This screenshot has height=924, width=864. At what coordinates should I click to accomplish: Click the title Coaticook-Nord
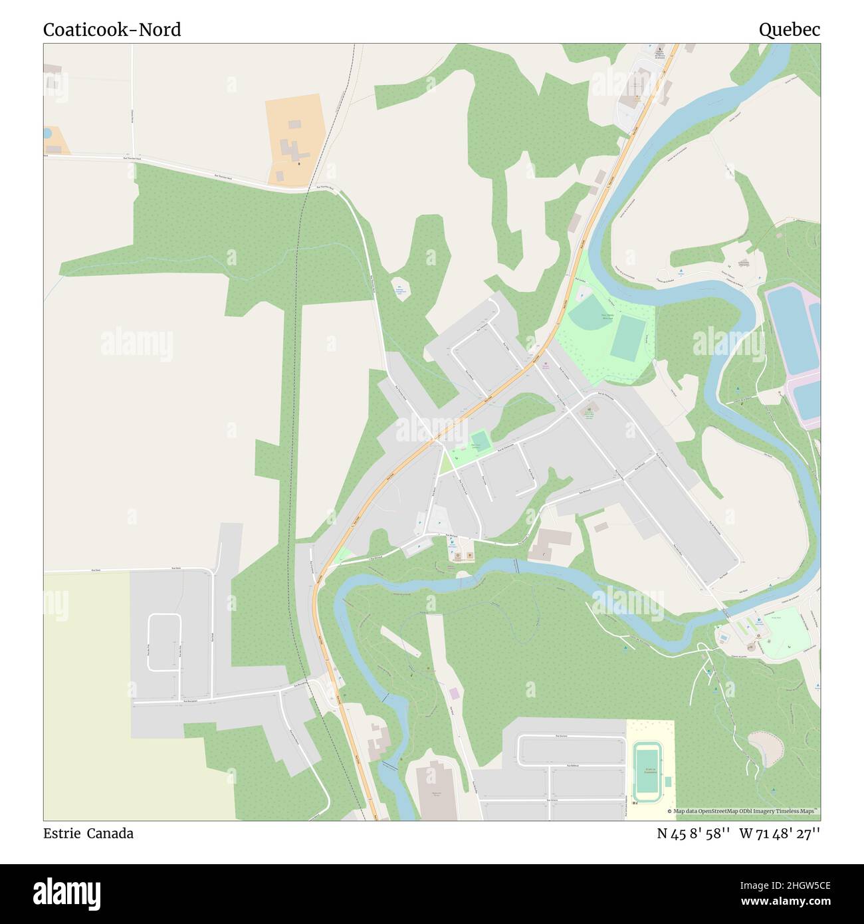click(112, 30)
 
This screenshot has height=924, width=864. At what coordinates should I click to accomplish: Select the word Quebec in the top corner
click(790, 30)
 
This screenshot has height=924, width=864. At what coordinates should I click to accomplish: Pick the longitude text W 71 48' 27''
click(780, 834)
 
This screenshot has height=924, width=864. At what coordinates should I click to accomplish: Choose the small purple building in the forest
click(454, 693)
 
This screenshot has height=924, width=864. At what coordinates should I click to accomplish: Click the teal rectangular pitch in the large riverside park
click(626, 336)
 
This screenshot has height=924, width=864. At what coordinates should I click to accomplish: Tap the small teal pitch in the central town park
click(480, 441)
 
